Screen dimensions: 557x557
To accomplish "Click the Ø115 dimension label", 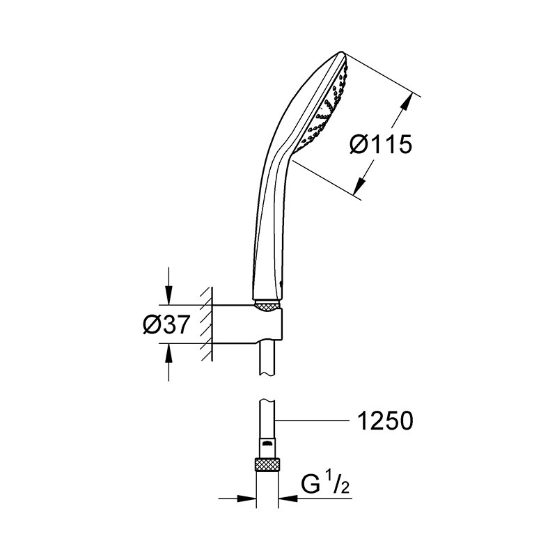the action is [x=381, y=144].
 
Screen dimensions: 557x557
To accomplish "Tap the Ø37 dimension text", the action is [x=165, y=324].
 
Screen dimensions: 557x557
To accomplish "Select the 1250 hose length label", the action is [x=386, y=421].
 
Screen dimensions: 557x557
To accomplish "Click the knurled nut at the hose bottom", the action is [x=267, y=464].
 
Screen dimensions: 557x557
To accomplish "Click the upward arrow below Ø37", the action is [x=168, y=362].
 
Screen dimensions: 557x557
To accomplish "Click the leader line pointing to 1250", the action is [x=312, y=421].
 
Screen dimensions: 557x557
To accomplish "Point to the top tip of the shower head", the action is [x=342, y=52].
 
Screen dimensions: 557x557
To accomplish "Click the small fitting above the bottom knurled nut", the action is [x=267, y=448].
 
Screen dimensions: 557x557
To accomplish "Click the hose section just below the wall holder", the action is [x=267, y=359].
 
